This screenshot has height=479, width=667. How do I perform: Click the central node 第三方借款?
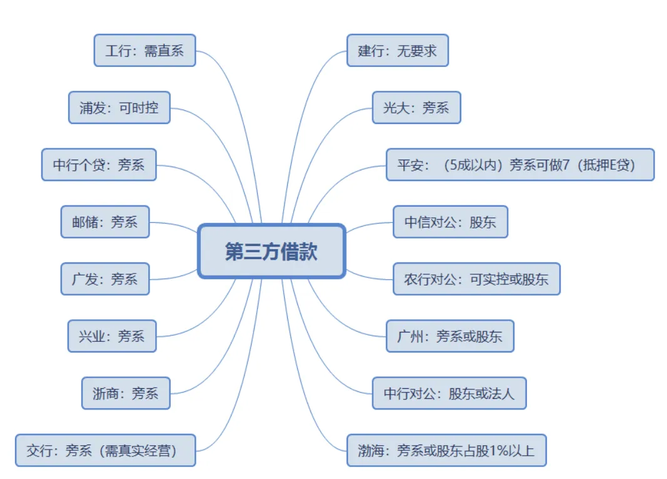click(272, 251)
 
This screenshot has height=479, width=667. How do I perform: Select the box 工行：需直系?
click(145, 51)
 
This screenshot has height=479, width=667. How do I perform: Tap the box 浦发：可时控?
click(119, 108)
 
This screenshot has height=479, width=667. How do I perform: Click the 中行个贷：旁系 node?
click(99, 165)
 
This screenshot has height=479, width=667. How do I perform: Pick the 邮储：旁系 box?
click(105, 222)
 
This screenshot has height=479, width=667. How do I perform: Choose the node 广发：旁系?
click(105, 279)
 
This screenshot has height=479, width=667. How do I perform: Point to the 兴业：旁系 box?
click(112, 336)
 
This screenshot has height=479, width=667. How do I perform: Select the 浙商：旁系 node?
click(126, 393)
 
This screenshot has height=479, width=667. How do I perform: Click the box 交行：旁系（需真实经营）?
click(105, 450)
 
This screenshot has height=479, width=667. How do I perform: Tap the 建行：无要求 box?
click(397, 51)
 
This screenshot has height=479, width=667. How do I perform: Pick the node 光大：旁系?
click(416, 108)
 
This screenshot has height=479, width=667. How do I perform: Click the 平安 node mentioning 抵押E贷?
click(519, 165)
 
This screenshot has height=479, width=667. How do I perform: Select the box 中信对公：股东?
click(450, 222)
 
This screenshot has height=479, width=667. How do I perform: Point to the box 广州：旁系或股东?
click(450, 336)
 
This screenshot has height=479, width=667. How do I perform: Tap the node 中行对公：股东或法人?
click(449, 393)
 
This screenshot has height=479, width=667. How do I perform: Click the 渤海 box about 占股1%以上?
click(446, 450)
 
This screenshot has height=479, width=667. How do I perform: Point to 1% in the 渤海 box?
click(495, 451)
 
